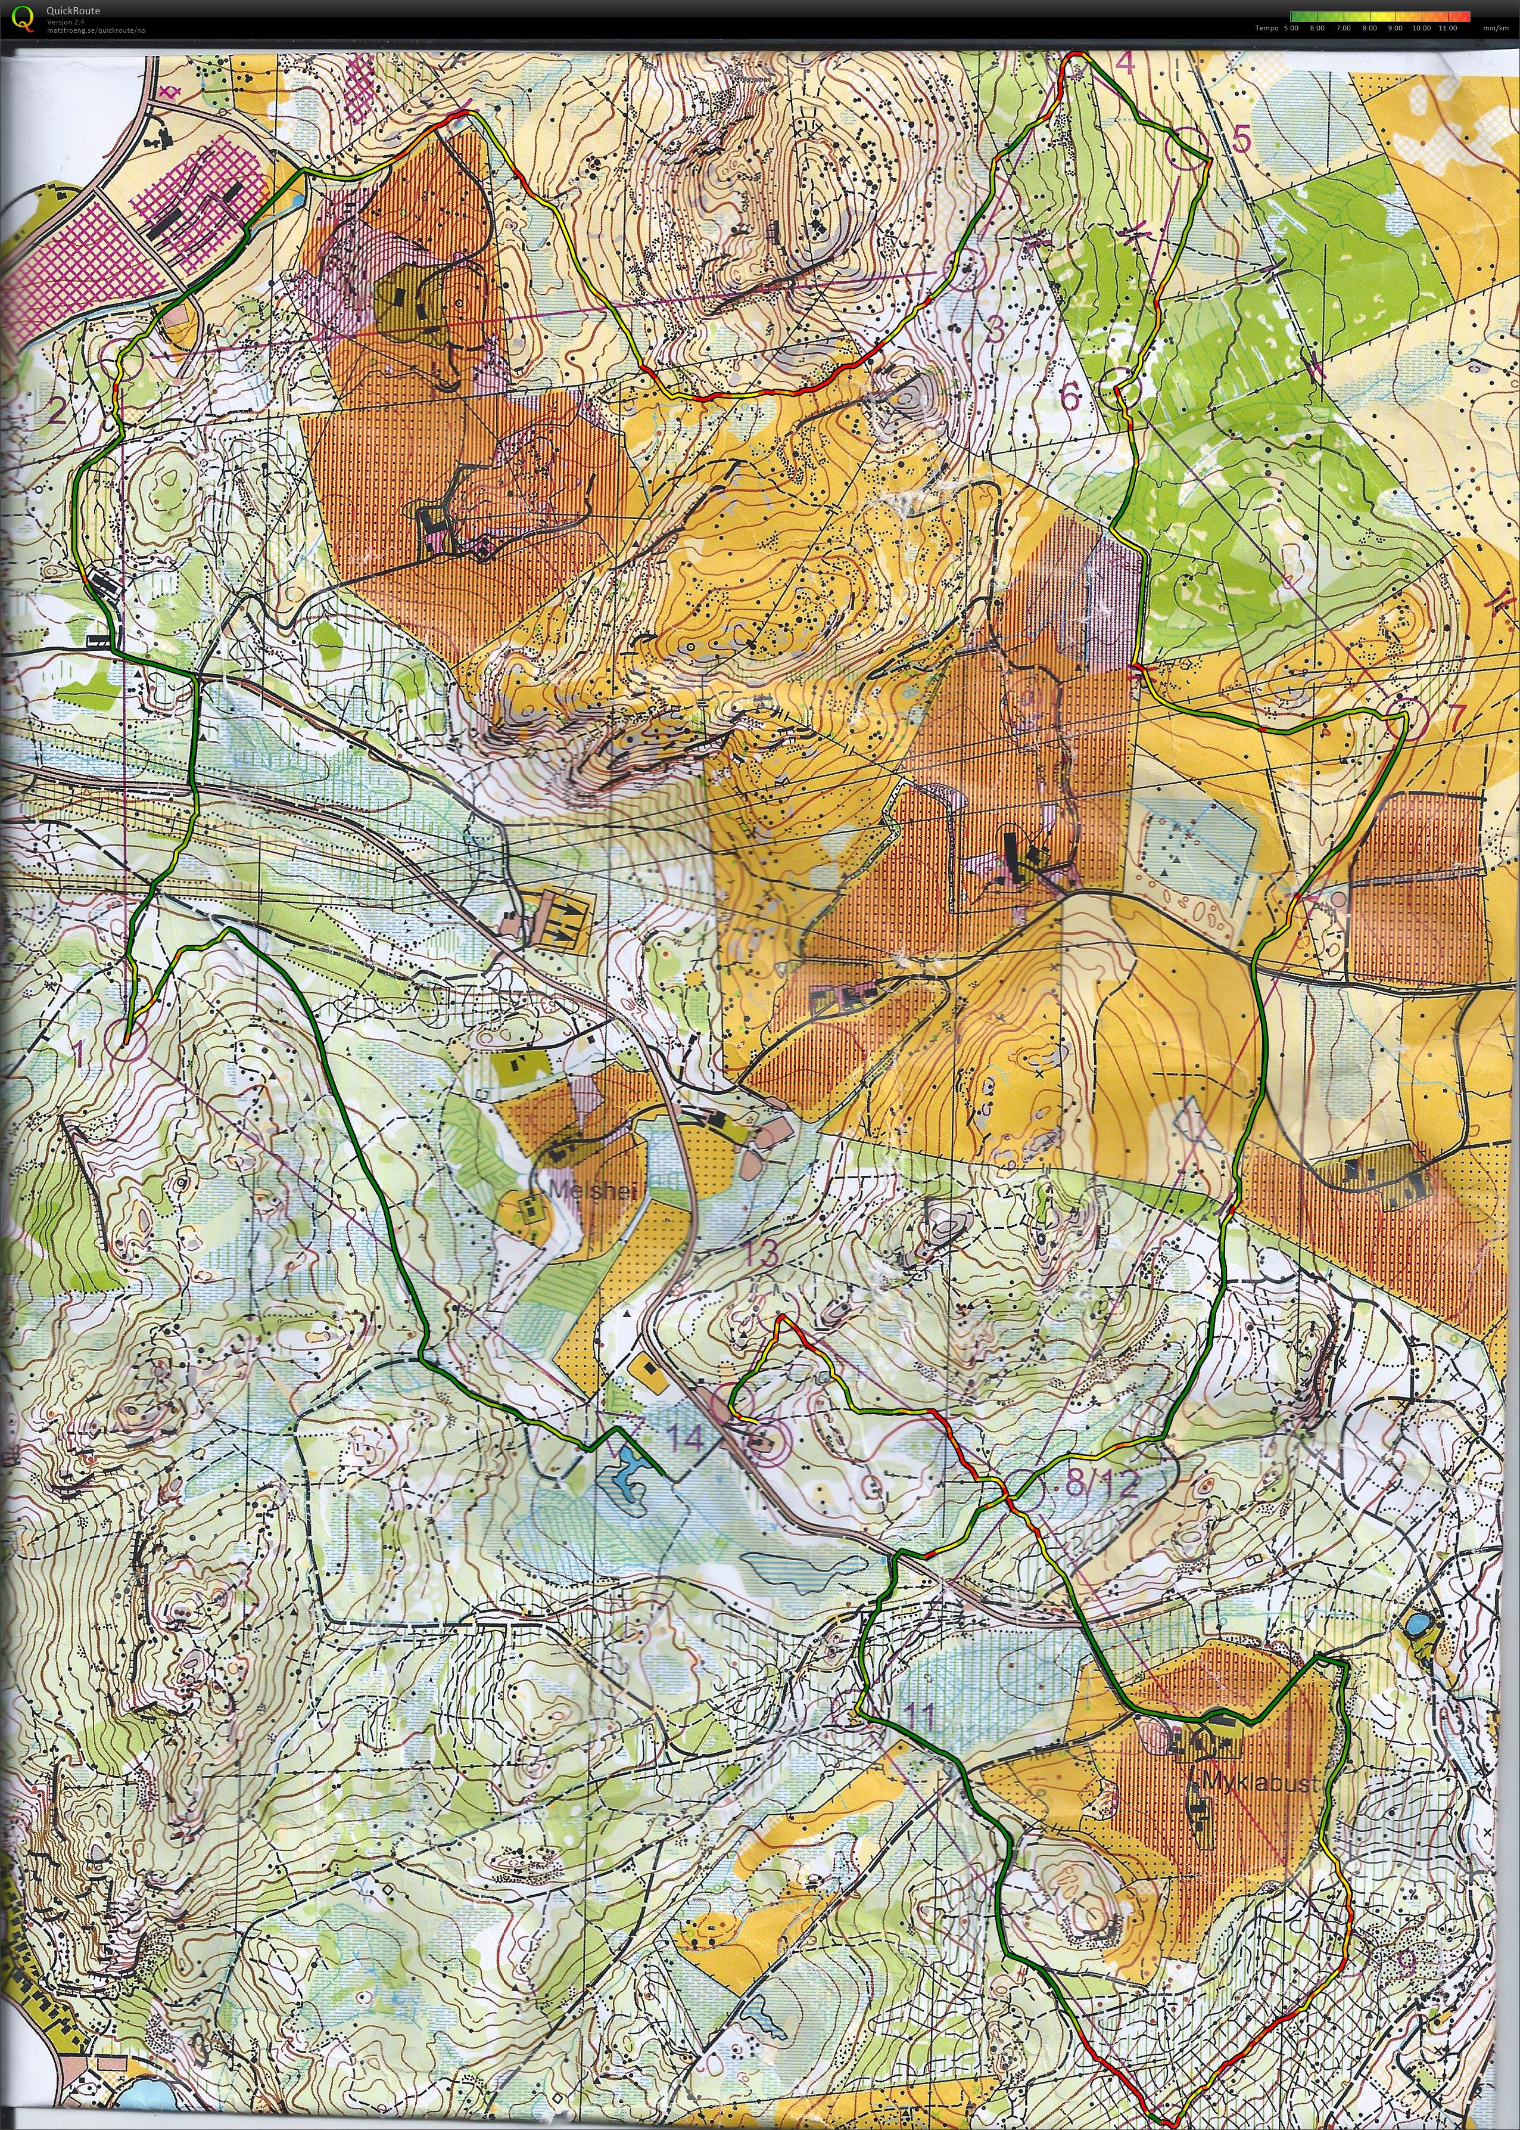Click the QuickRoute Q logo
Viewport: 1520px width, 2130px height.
pyautogui.click(x=21, y=17)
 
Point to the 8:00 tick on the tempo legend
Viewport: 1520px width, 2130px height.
pyautogui.click(x=1369, y=28)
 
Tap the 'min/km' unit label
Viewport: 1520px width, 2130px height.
pyautogui.click(x=1492, y=28)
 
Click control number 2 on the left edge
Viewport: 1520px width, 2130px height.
pyautogui.click(x=58, y=410)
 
